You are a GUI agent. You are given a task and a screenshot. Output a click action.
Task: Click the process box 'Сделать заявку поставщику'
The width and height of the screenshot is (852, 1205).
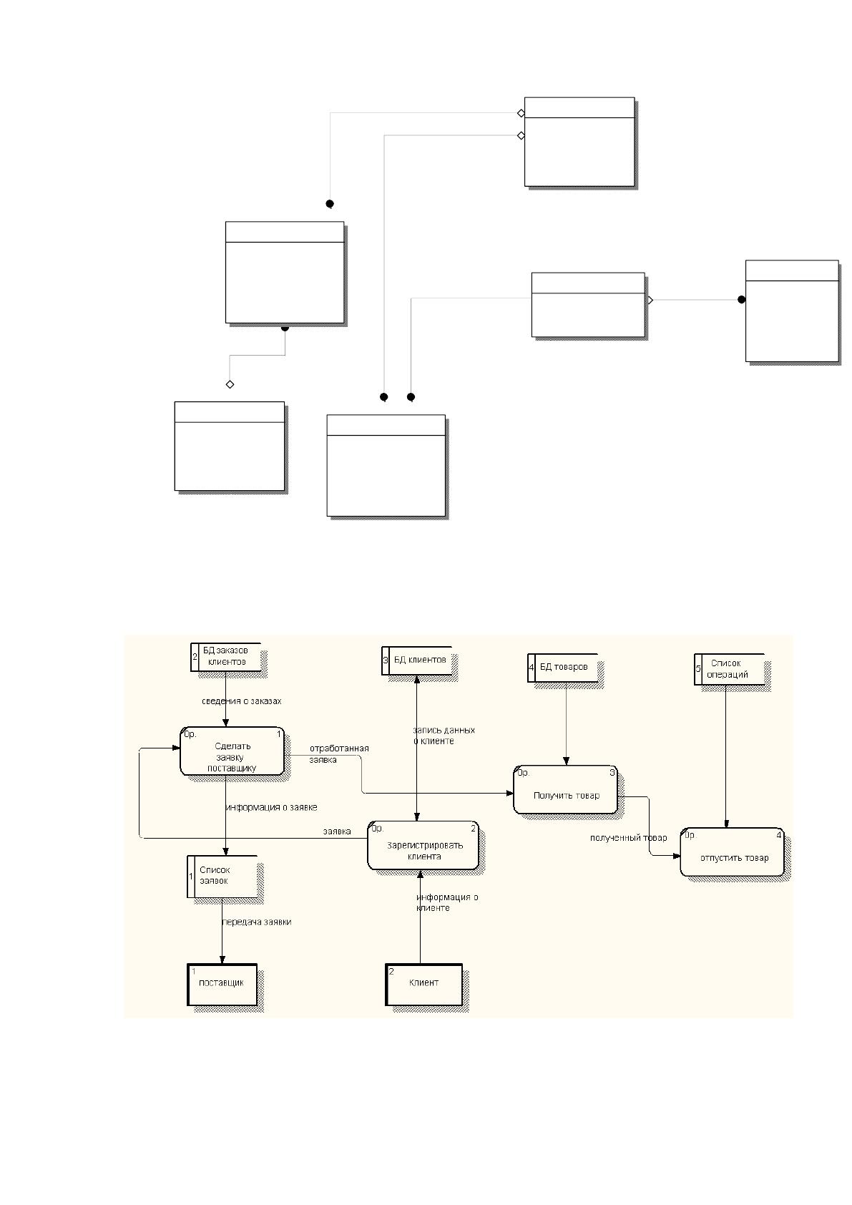(232, 751)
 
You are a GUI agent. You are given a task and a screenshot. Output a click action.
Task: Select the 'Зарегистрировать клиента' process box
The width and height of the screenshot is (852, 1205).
(423, 845)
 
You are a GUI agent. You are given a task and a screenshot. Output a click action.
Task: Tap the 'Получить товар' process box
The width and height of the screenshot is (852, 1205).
(565, 789)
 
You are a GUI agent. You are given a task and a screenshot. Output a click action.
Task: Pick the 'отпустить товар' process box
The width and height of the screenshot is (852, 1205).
(732, 852)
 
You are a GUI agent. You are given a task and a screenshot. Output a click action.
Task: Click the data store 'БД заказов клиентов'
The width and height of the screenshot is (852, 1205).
(226, 657)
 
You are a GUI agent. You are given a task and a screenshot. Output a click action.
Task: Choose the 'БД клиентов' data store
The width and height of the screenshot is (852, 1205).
(417, 660)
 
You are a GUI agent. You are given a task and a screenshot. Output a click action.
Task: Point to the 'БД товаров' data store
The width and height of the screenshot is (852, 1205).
(562, 668)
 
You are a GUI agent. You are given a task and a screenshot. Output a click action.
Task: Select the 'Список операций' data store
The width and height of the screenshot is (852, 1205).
(730, 669)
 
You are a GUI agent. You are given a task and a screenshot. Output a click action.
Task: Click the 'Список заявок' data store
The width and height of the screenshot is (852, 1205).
(222, 877)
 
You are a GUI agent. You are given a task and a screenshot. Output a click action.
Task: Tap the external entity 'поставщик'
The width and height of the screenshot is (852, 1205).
(222, 985)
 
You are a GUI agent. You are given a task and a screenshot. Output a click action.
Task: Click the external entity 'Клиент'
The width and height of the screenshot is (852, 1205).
(423, 985)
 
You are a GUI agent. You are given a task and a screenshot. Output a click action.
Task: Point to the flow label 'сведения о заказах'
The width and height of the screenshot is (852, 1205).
(242, 701)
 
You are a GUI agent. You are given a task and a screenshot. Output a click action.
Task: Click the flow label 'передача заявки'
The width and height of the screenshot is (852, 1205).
(257, 922)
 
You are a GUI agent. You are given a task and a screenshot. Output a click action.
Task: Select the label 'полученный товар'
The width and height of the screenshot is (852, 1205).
(628, 838)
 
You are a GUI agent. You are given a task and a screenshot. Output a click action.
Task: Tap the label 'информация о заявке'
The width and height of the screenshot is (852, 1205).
(272, 807)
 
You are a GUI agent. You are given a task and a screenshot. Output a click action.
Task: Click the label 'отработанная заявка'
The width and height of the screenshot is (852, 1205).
(339, 753)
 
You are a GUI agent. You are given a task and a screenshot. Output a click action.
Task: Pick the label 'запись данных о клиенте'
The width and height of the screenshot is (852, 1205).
(444, 736)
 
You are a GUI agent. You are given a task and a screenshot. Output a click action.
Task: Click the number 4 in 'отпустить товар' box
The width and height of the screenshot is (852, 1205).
(778, 835)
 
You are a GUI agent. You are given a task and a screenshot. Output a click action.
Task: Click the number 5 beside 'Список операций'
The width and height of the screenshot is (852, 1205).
(698, 669)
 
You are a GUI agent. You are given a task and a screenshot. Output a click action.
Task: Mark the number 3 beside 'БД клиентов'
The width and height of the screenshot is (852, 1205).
(386, 660)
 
